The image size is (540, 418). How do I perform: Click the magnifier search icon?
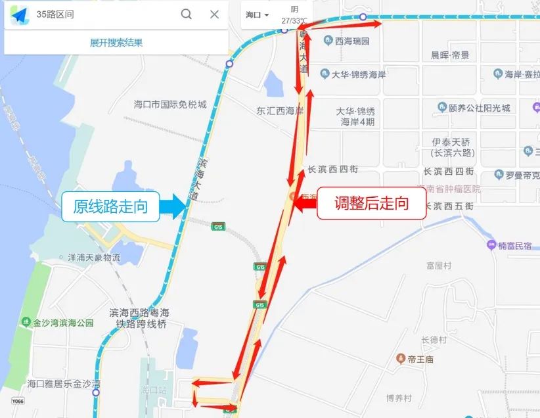(x=187, y=14)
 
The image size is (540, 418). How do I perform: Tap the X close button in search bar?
(x=214, y=14)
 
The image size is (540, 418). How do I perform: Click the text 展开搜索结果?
(x=116, y=43)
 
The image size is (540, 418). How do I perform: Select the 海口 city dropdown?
(x=258, y=14)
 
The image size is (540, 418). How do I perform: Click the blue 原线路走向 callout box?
(x=110, y=206)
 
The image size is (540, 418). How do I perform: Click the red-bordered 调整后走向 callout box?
(x=372, y=204)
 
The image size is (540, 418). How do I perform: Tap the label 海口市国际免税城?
(x=170, y=104)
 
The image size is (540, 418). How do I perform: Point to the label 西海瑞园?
(x=352, y=41)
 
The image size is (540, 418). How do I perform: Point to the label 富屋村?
(x=438, y=266)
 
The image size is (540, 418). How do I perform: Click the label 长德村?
(x=434, y=340)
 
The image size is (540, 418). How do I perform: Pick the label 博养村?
(x=399, y=398)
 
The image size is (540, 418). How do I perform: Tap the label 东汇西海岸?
(x=280, y=110)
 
